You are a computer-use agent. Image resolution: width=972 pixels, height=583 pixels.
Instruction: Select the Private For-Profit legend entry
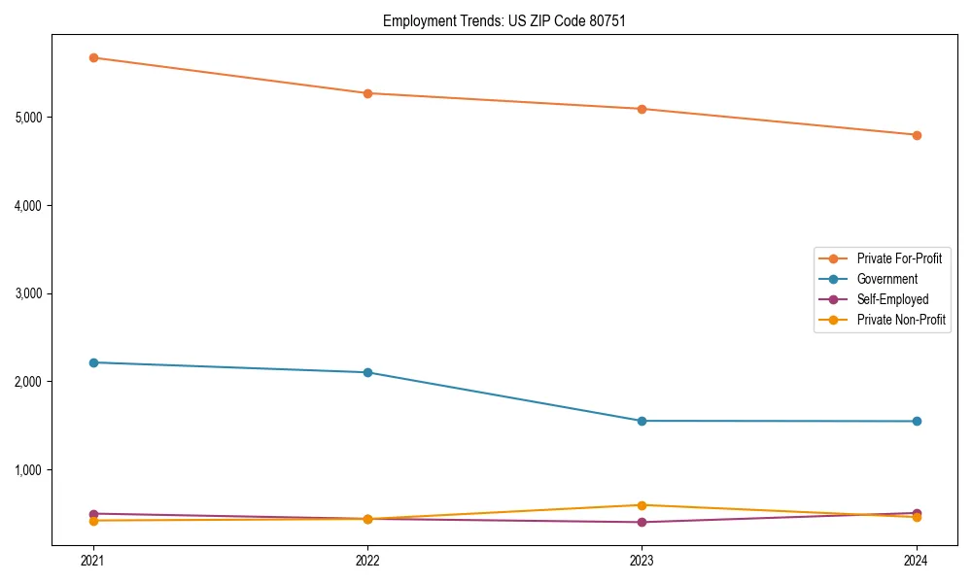point(898,258)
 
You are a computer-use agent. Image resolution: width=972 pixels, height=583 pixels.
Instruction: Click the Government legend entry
point(886,279)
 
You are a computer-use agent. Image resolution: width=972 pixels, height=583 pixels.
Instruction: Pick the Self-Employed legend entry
point(892,299)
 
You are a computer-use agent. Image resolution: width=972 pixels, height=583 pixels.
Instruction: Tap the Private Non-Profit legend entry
point(901,320)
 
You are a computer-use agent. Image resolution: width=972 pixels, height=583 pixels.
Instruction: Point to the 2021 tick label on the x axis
point(93,561)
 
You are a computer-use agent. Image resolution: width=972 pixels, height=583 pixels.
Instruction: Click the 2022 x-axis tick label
point(367,561)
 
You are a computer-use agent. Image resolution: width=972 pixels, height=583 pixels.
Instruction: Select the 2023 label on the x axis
point(642,561)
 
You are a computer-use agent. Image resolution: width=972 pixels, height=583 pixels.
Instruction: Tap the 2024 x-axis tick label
point(916,561)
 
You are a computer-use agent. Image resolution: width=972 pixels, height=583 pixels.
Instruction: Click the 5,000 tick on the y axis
point(31,118)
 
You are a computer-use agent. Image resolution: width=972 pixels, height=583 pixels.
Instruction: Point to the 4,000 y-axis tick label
point(31,206)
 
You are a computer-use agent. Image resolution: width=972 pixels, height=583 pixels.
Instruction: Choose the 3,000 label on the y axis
point(31,293)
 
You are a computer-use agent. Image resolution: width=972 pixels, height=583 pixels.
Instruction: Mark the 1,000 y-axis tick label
point(31,470)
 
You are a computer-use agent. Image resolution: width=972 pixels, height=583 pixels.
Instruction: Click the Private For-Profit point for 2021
point(93,57)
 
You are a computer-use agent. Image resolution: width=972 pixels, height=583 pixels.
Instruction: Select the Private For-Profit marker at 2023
point(642,109)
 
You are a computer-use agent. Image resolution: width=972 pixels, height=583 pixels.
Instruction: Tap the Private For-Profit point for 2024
point(916,135)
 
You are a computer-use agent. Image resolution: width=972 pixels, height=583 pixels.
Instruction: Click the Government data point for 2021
point(93,362)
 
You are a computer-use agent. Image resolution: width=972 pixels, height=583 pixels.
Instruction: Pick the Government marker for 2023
point(642,421)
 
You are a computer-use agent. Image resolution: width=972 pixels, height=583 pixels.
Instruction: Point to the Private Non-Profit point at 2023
point(642,505)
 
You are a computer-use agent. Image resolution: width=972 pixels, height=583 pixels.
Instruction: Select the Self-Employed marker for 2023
point(642,522)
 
